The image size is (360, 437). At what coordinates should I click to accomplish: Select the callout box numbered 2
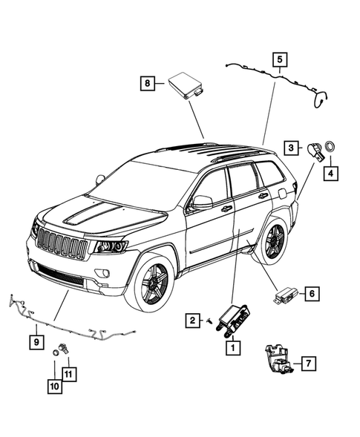point(192,321)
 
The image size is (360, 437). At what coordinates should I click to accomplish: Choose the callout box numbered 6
point(312,295)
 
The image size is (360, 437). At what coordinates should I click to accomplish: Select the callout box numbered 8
point(148,84)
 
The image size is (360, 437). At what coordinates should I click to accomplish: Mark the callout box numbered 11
point(68,373)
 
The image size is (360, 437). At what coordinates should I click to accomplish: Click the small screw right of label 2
point(210,321)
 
